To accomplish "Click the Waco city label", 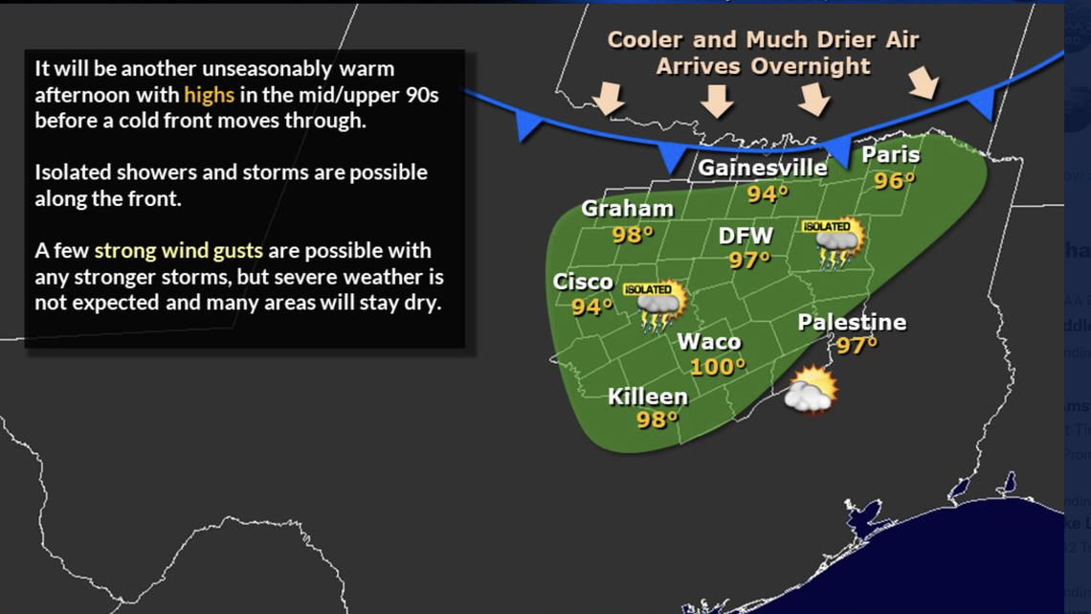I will click(x=708, y=342).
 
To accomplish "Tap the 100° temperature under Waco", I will click(x=717, y=366).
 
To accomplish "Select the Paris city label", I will click(x=890, y=155).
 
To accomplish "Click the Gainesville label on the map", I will click(x=762, y=168).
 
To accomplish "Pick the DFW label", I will click(x=746, y=236).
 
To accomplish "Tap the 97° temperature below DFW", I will click(x=749, y=260).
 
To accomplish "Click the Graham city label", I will click(x=627, y=209).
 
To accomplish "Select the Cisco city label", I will click(x=583, y=282).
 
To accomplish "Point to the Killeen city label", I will click(x=648, y=397).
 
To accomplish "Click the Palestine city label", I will click(x=852, y=322).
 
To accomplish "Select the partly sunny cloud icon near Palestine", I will click(x=811, y=391).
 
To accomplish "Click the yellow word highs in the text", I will click(x=209, y=95).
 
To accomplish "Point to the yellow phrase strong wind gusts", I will click(x=178, y=251).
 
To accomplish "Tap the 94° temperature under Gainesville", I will click(x=768, y=193).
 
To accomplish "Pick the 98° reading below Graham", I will click(x=633, y=233).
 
